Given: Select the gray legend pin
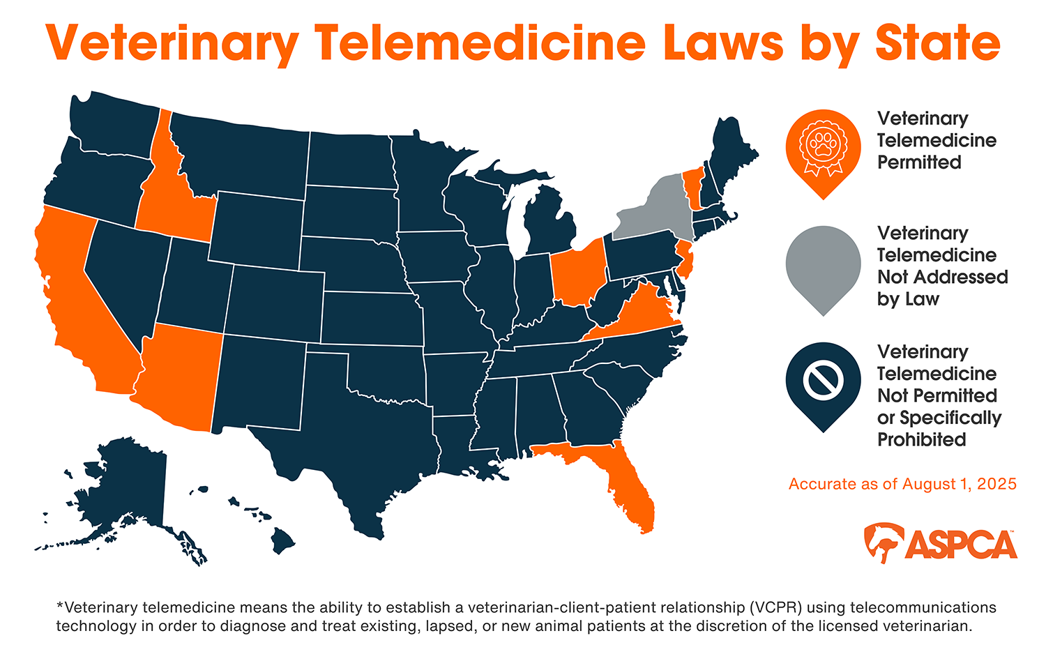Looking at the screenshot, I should tap(823, 265).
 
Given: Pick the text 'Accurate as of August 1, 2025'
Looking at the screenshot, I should tap(902, 484).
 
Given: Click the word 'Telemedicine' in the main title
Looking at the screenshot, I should tap(480, 43).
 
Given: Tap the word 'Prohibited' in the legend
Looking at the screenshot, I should tap(921, 440).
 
